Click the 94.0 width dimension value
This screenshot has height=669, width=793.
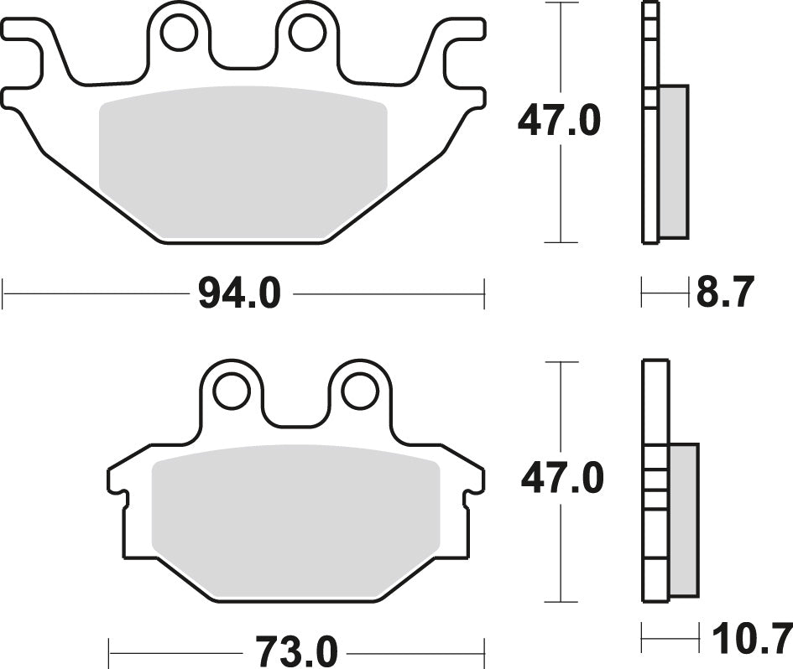tap(239, 294)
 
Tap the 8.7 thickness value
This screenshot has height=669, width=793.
tap(726, 293)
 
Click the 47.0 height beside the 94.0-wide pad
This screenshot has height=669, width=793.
tap(559, 122)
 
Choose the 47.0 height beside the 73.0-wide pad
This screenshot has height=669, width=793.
tap(561, 480)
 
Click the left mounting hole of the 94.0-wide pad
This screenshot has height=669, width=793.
tap(178, 34)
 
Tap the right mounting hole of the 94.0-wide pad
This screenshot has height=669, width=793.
tap(307, 34)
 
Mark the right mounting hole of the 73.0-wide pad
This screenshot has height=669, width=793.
tap(360, 391)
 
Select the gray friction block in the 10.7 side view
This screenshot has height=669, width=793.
tap(683, 520)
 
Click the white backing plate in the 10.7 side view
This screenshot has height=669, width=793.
tap(655, 402)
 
